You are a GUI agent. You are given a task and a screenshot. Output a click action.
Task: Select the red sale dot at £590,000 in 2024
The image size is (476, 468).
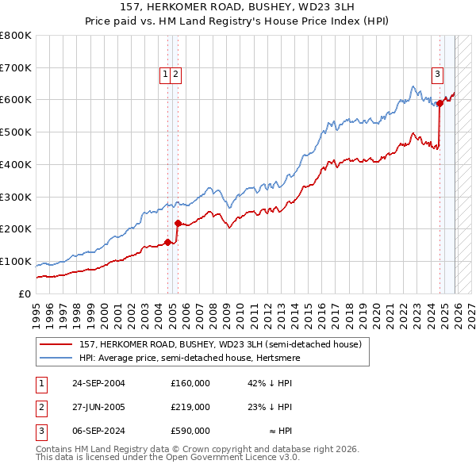click(x=440, y=103)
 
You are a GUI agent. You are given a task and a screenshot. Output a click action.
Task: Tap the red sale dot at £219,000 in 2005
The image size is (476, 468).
click(x=178, y=223)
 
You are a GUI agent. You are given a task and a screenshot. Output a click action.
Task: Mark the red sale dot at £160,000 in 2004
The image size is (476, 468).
click(x=167, y=242)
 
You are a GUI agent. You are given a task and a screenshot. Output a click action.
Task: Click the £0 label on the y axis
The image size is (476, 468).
click(x=25, y=293)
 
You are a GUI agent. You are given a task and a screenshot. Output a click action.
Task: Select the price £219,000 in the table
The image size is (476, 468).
click(x=190, y=407)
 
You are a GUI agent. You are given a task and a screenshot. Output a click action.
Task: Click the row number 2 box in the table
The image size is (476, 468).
click(x=40, y=407)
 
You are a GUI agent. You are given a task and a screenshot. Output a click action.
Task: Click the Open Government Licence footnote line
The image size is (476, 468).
click(x=167, y=458)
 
